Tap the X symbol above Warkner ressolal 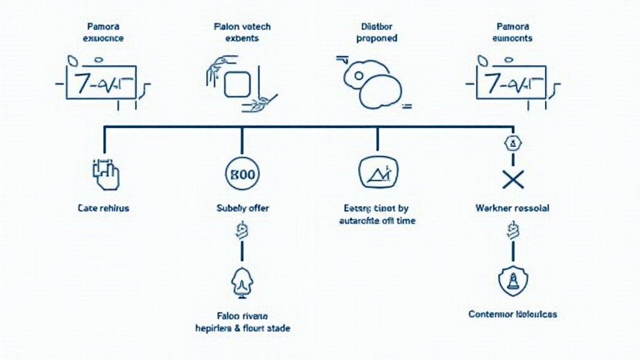point(512,180)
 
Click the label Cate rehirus point(104,208)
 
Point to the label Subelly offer point(242,208)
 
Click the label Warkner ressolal point(512,208)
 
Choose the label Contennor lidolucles point(512,314)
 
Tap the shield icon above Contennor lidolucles point(512,282)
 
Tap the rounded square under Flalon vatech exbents point(237,84)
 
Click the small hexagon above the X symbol point(512,143)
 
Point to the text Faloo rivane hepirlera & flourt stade point(242,322)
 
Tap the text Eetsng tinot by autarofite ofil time point(377,214)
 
